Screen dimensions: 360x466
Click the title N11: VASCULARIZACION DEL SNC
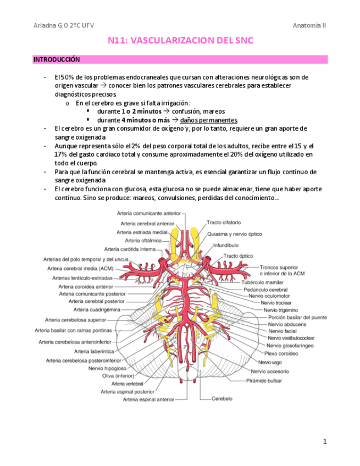(x=180, y=41)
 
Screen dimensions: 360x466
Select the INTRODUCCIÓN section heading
(x=57, y=59)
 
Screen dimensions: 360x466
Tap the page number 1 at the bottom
(x=325, y=441)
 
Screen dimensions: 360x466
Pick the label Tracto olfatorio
(x=224, y=223)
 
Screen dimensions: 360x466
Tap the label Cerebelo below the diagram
(x=223, y=398)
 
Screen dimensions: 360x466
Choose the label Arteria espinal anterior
(x=149, y=400)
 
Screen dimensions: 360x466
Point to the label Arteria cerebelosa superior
(x=76, y=319)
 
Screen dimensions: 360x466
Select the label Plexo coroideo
(x=281, y=353)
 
